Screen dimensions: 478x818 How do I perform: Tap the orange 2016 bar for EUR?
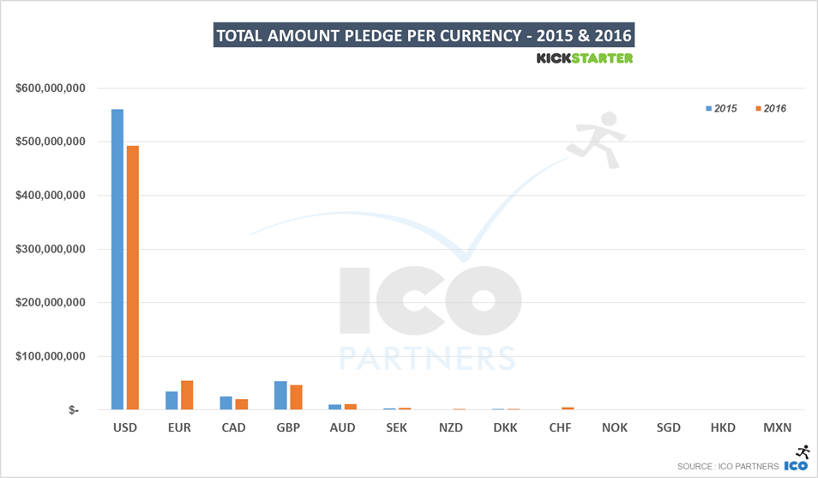tap(187, 395)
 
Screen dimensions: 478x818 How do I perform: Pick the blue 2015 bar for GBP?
tap(280, 395)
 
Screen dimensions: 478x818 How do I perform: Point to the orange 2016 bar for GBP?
tap(297, 396)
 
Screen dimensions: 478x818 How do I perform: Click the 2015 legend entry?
tap(721, 109)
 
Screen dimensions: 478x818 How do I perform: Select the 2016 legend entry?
tap(771, 109)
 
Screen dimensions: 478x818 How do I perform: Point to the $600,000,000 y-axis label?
tap(49, 88)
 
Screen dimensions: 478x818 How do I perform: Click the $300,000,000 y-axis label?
tap(49, 250)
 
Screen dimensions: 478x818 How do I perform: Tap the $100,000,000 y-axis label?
tap(49, 356)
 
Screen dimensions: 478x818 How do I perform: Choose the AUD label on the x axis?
tap(343, 427)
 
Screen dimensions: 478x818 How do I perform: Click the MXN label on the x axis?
tap(777, 427)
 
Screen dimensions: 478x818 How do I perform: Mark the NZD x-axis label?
tap(451, 427)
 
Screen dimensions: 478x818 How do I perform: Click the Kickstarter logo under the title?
tap(584, 58)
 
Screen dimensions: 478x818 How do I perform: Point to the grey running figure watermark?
tap(598, 137)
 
